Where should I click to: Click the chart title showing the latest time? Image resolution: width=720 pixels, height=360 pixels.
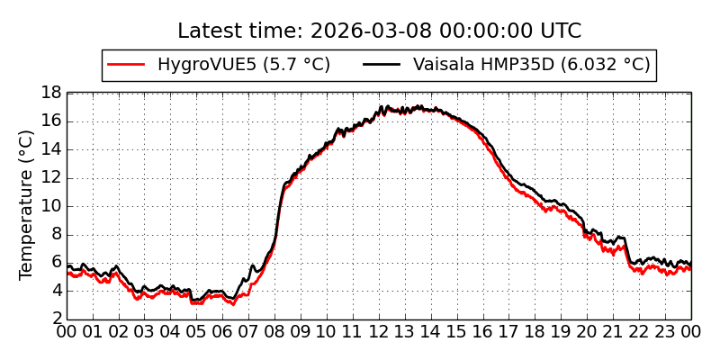(379, 31)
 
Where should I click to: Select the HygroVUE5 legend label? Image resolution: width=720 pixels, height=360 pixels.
(243, 65)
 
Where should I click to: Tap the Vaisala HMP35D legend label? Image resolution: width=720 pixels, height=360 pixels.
(531, 65)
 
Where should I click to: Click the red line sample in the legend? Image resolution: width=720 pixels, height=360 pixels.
(126, 65)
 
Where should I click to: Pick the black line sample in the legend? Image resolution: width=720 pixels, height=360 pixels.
(382, 65)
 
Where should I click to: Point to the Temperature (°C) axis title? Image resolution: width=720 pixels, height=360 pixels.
(27, 204)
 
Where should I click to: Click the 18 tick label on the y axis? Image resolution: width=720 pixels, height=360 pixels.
(51, 93)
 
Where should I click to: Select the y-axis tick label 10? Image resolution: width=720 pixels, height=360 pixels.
(51, 206)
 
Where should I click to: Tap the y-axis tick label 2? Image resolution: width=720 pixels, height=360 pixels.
(56, 319)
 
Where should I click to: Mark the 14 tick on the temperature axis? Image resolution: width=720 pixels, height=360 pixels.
(51, 149)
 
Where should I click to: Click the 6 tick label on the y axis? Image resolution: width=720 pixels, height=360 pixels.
(56, 263)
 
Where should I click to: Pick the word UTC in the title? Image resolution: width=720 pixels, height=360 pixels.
(559, 31)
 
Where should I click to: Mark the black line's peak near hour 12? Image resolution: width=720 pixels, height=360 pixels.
(381, 106)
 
